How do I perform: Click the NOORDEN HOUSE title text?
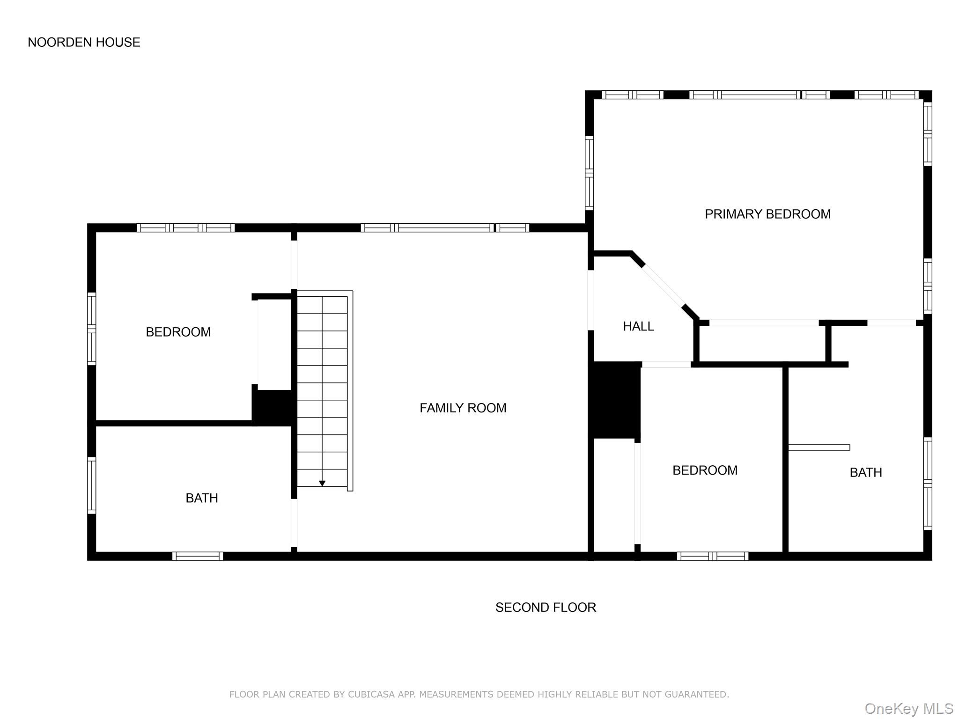(84, 42)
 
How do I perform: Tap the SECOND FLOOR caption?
(546, 607)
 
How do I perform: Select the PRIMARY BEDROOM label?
(767, 214)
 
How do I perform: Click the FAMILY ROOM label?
(463, 408)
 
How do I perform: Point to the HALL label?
(638, 326)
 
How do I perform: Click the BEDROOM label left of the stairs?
(178, 332)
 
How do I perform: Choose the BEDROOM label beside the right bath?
(705, 470)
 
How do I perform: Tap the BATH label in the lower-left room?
(202, 498)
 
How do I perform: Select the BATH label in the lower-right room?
(866, 472)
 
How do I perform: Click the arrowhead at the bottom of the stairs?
(322, 484)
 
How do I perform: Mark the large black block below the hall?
(615, 400)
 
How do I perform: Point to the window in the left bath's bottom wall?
(198, 556)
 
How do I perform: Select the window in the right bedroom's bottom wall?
(712, 556)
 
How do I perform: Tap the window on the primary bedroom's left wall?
(590, 173)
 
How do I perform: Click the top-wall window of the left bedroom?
(186, 228)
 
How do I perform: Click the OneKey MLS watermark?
(908, 709)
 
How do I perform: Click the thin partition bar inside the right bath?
(819, 448)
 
